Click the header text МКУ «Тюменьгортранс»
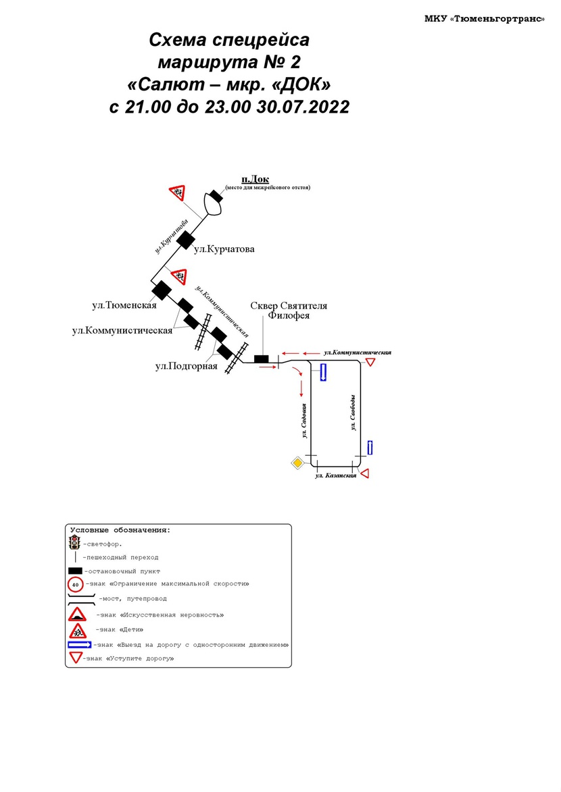pos(484,19)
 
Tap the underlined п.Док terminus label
pos(255,179)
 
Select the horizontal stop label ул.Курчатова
pos(224,249)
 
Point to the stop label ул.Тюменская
pos(124,305)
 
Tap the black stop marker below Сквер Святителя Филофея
pos(261,359)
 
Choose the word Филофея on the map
pos(289,315)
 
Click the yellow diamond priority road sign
pos(297,463)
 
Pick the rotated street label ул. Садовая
pos(305,421)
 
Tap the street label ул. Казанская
pos(336,476)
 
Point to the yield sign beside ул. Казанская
pos(364,473)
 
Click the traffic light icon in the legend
pos(75,542)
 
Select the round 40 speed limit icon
pos(76,584)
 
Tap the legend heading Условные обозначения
pos(120,530)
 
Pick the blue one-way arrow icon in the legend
pos(79,645)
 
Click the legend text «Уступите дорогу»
pos(140,658)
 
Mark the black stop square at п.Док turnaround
pos(216,196)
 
